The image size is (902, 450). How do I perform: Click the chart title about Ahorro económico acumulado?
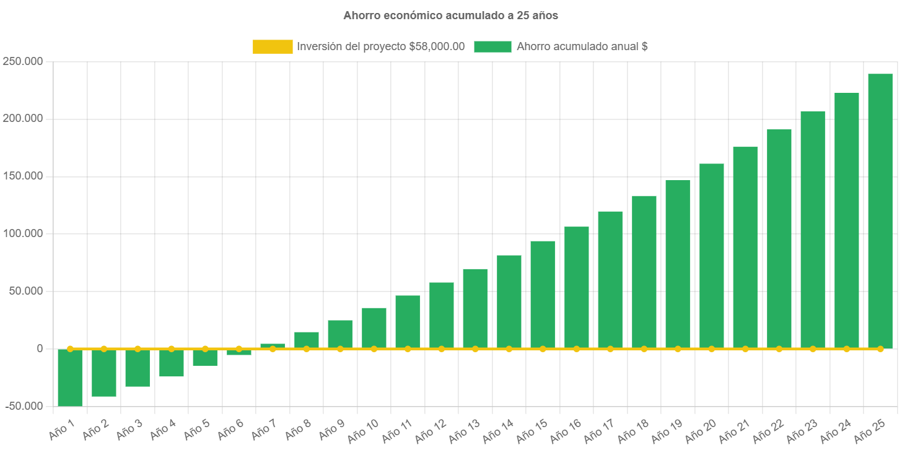point(450,15)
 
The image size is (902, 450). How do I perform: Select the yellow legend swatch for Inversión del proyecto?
point(273,46)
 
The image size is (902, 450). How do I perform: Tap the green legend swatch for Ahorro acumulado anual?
point(493,46)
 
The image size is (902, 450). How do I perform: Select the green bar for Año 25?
point(880,210)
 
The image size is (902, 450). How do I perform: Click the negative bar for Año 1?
point(70,378)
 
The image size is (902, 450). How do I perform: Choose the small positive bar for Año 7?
point(273,345)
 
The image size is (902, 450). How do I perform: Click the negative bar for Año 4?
point(172,363)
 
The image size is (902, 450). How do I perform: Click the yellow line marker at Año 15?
point(543,349)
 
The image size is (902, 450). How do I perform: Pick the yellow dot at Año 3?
point(138,349)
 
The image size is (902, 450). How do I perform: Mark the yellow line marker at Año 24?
point(846,349)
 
